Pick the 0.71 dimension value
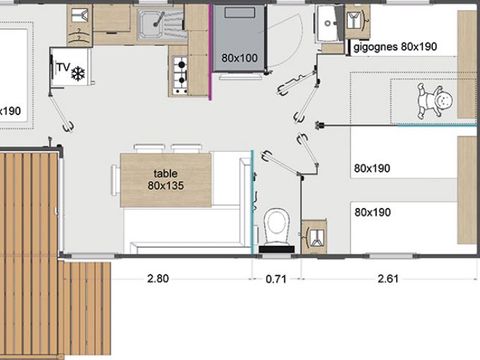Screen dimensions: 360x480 [275, 279]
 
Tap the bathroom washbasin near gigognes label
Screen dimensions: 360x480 [329, 21]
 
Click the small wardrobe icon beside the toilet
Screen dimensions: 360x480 [315, 235]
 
